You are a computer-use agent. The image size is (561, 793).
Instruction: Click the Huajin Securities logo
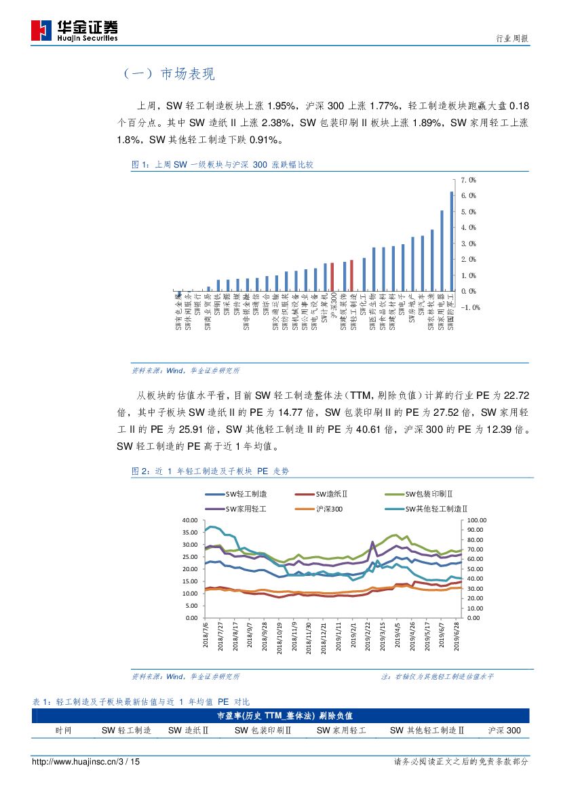tap(75, 30)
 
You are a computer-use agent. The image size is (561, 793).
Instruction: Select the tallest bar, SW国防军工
tap(452, 241)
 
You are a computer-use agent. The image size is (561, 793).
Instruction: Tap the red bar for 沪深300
tap(332, 277)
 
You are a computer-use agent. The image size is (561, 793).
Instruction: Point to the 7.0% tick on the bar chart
tap(468, 180)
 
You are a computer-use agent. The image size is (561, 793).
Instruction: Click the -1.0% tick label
tap(469, 307)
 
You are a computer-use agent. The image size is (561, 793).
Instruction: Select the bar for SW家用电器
tap(442, 250)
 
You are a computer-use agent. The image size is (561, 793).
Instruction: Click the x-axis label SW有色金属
tap(178, 313)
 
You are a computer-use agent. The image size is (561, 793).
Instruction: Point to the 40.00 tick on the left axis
tap(189, 520)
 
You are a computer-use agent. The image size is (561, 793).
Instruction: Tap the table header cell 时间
tap(63, 731)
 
